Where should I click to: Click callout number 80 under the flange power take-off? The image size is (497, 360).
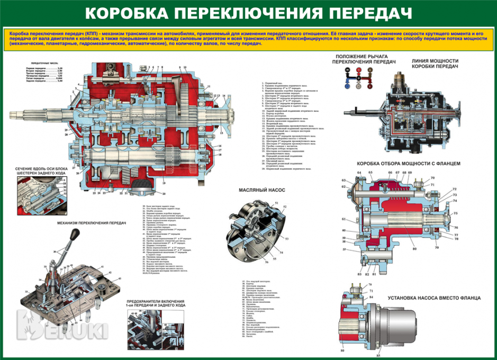(x=414, y=248)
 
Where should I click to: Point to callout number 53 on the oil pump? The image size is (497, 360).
(x=287, y=239)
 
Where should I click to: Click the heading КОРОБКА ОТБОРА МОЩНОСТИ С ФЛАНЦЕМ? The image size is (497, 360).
(x=410, y=163)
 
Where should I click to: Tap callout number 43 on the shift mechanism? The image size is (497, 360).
(x=119, y=278)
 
